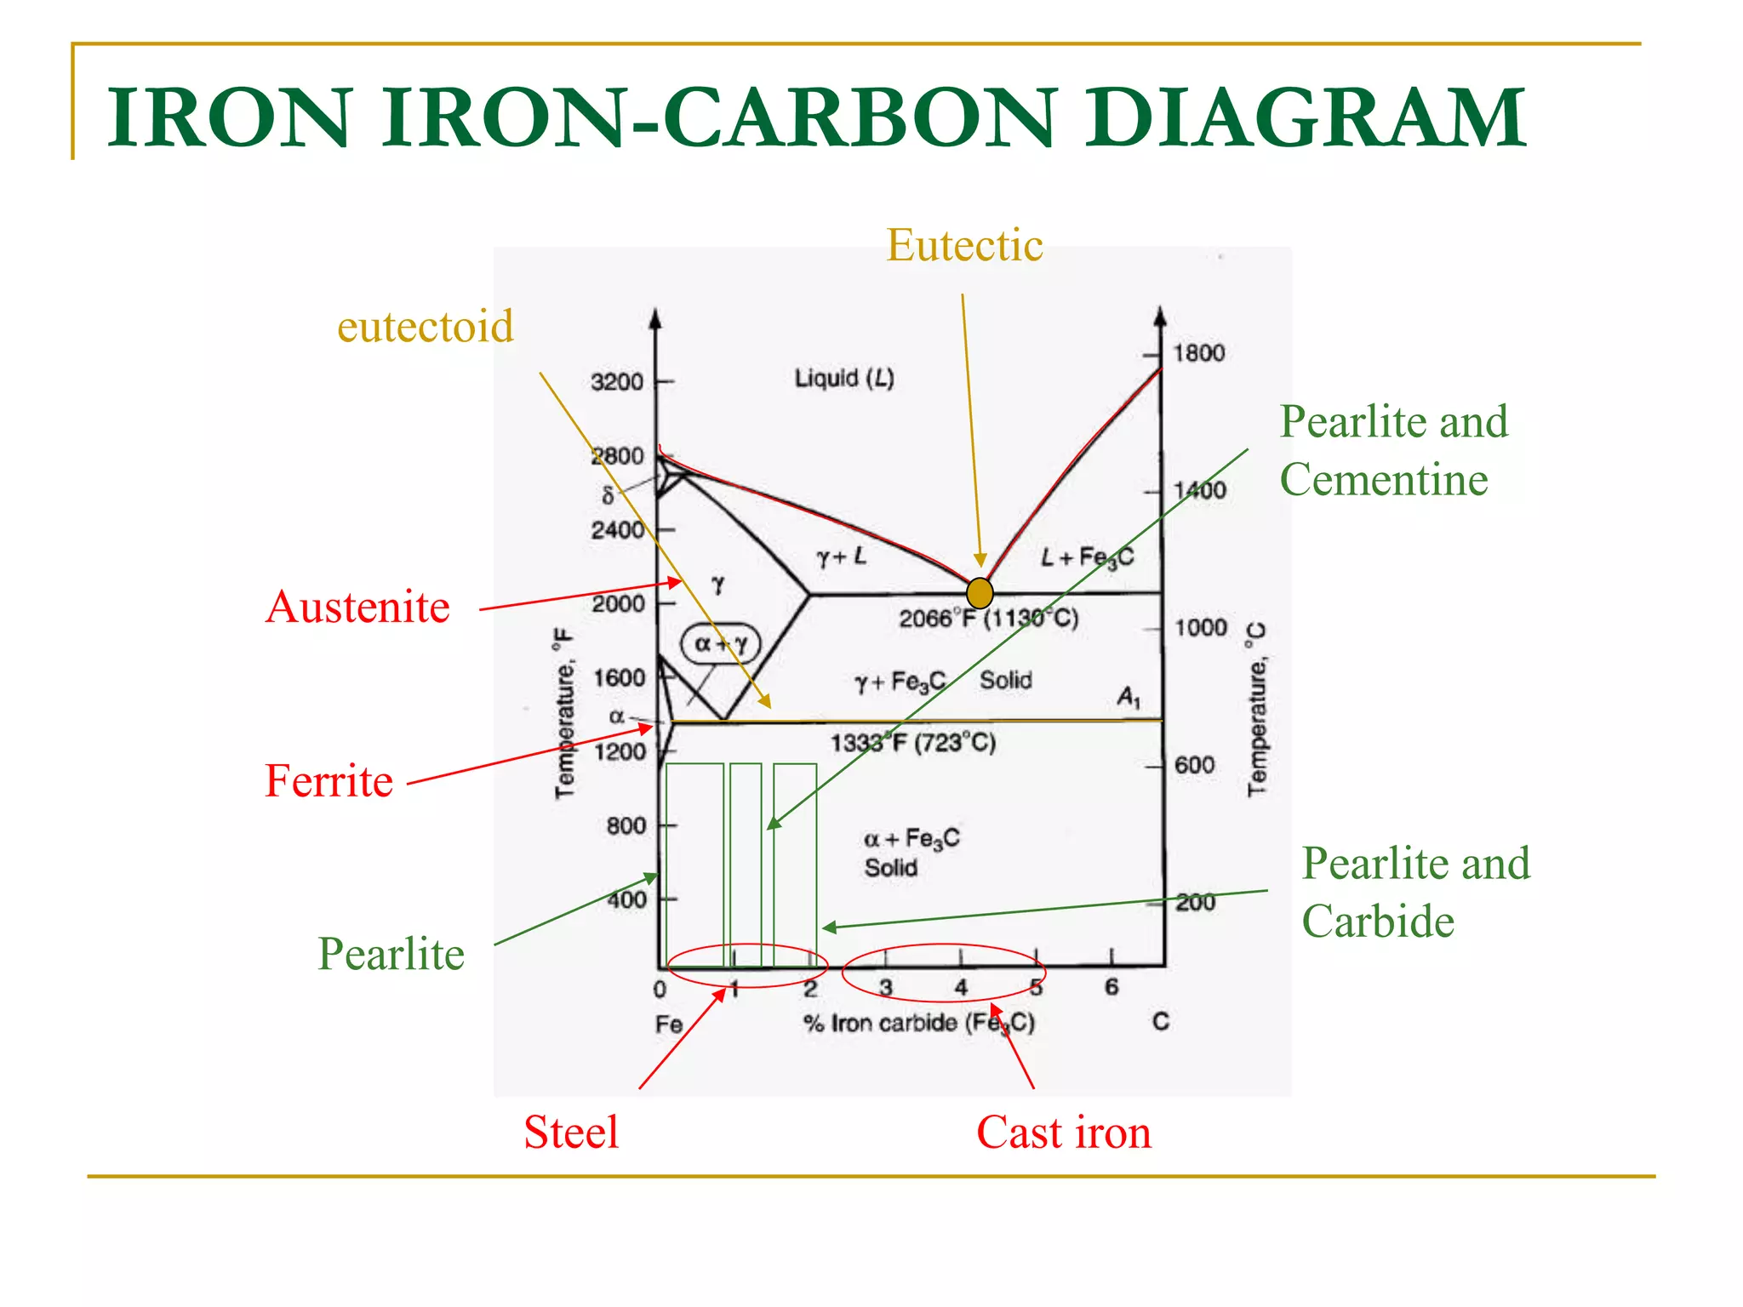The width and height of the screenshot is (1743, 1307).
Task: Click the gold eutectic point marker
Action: (980, 592)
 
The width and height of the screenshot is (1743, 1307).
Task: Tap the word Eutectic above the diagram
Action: (964, 245)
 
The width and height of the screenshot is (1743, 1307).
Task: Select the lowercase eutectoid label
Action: (425, 326)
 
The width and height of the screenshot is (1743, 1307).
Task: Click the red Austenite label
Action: (357, 607)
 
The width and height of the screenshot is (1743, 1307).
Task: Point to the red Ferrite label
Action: (329, 780)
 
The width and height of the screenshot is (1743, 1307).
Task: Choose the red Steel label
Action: (571, 1133)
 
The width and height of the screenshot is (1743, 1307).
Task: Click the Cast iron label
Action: (1064, 1133)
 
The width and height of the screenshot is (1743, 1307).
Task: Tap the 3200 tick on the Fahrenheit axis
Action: (617, 382)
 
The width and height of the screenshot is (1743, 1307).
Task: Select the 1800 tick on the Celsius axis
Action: (1198, 353)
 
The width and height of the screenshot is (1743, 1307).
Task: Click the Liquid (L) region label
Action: (844, 378)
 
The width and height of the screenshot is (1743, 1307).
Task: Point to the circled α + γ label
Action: (720, 644)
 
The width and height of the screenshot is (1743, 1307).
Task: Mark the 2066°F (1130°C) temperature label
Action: (989, 618)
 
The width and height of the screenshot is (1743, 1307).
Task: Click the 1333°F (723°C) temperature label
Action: (913, 743)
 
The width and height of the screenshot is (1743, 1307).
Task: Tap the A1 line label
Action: (1129, 699)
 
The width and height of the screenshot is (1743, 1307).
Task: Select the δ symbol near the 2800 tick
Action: (608, 495)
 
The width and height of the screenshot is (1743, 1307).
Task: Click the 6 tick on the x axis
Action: (1112, 987)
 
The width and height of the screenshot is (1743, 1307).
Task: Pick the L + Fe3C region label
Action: (1088, 557)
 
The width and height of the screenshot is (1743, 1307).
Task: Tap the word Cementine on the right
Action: (1384, 479)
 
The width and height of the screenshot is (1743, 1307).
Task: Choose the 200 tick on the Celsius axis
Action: (1195, 902)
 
